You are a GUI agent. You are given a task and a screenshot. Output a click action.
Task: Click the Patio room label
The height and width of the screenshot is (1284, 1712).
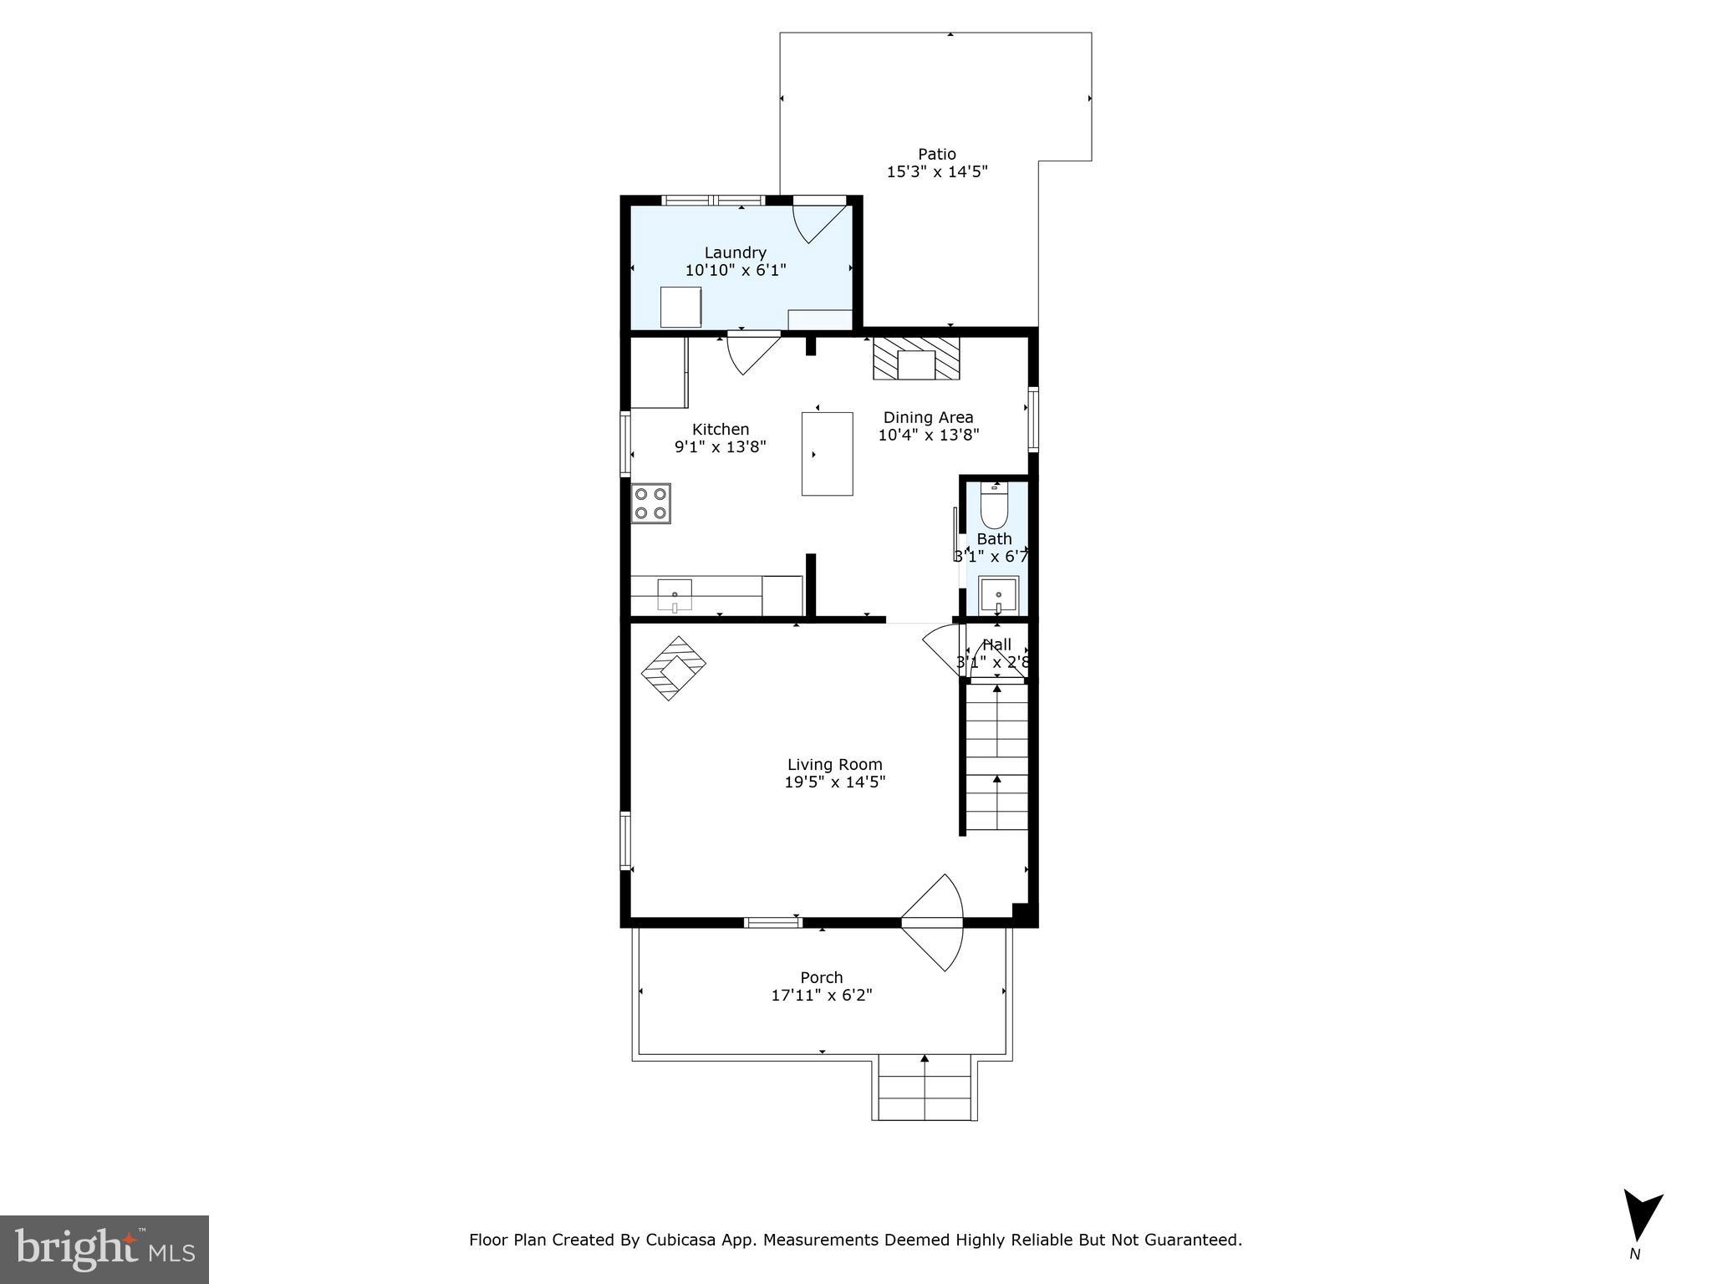pos(936,154)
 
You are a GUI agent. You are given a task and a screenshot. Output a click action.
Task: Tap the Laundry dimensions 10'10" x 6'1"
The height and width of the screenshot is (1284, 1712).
pos(736,270)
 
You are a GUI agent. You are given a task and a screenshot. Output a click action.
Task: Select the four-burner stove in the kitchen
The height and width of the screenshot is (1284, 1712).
pos(651,503)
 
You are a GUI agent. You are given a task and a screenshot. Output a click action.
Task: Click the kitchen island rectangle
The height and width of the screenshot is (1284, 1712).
pos(827,454)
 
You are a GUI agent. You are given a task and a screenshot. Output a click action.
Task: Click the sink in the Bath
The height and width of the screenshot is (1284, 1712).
pos(998,595)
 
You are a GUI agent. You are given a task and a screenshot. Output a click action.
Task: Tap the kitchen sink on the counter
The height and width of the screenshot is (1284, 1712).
pos(674,595)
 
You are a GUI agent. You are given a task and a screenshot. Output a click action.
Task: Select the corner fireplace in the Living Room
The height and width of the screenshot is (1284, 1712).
pos(673,668)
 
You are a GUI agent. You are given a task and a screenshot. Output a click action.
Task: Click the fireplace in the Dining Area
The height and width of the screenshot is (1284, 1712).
pos(916,359)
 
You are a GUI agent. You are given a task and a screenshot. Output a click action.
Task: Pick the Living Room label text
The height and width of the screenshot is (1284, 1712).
pos(834,764)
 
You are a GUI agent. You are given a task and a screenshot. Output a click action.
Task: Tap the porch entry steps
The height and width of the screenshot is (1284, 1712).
pos(925,1088)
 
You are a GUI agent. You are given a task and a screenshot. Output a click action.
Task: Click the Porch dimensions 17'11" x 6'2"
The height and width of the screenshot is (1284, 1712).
pos(822,996)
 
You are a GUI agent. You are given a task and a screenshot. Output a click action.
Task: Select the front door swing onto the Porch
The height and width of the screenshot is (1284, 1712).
pos(935,923)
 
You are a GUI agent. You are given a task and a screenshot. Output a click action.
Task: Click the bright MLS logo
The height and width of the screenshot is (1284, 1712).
pos(104,1250)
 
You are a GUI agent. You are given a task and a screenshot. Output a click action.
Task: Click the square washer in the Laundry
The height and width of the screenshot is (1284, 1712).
pos(680,307)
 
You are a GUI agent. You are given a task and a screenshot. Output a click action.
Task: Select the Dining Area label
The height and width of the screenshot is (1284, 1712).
pos(928,417)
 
